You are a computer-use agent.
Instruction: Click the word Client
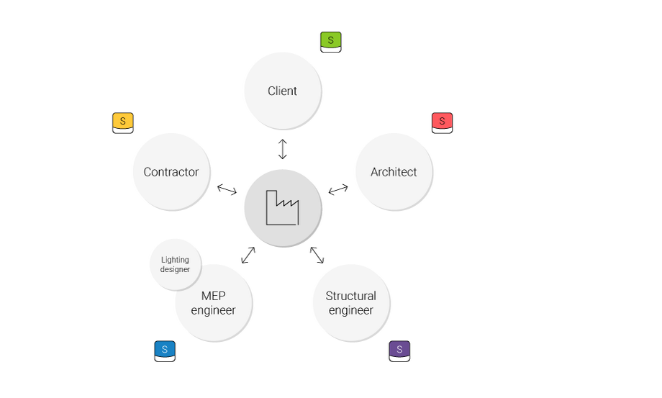click(282, 91)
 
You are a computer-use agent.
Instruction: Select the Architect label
click(394, 172)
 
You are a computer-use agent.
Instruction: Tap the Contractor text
click(171, 172)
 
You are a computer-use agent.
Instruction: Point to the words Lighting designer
click(176, 264)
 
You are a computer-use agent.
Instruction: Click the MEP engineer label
click(213, 303)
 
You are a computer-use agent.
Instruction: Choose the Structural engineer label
click(351, 303)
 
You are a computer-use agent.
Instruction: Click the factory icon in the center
click(282, 208)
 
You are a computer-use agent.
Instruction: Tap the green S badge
click(331, 41)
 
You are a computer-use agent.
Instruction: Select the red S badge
click(442, 122)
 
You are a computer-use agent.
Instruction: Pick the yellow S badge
click(123, 122)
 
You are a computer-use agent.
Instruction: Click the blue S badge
click(165, 350)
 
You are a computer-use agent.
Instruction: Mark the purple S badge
click(399, 350)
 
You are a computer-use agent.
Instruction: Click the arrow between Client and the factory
click(283, 149)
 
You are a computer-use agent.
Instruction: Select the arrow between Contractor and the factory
click(227, 190)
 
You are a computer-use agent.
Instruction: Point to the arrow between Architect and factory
click(338, 190)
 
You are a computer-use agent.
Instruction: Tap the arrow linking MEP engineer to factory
click(248, 255)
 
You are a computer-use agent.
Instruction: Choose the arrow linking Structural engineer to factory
click(317, 255)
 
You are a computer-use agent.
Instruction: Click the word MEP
click(213, 296)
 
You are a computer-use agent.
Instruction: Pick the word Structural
click(351, 296)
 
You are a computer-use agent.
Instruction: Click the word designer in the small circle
click(176, 269)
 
